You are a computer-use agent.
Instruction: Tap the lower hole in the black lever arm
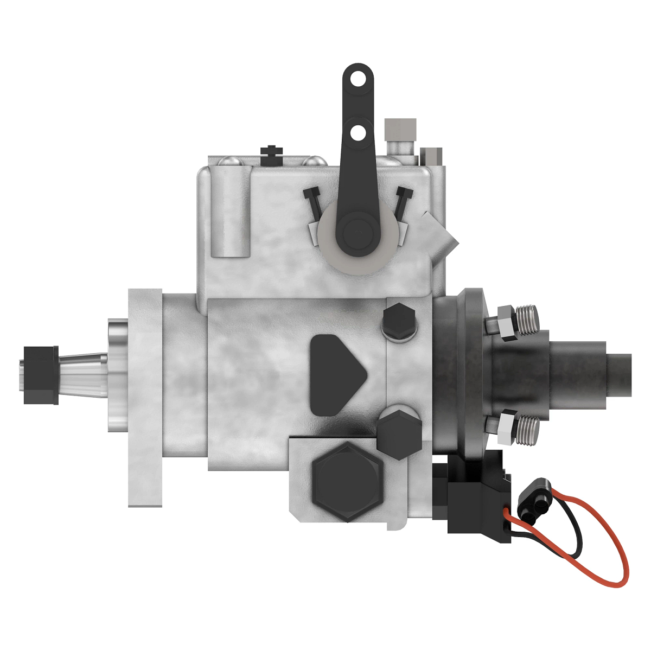pyautogui.click(x=358, y=132)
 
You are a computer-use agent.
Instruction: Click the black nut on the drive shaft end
pyautogui.click(x=41, y=375)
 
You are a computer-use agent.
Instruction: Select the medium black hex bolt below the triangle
pyautogui.click(x=399, y=433)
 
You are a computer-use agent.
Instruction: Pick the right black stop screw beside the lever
pyautogui.click(x=403, y=201)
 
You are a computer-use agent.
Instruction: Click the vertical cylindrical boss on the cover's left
pyautogui.click(x=231, y=211)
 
